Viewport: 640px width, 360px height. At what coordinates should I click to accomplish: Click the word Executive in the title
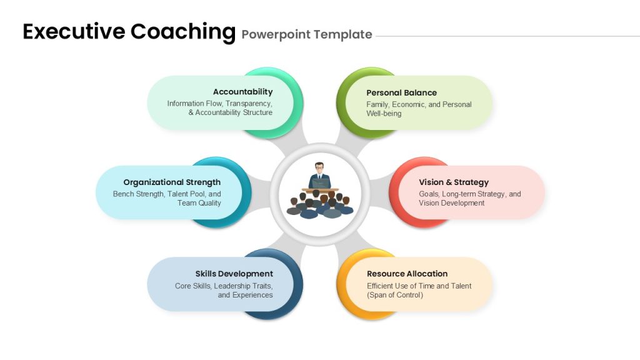click(74, 31)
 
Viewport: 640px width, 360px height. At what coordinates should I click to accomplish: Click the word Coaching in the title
click(183, 32)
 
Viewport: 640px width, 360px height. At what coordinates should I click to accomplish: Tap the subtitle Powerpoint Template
click(307, 35)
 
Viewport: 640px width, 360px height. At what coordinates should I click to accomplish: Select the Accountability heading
click(243, 92)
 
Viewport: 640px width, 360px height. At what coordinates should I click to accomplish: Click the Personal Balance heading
click(402, 92)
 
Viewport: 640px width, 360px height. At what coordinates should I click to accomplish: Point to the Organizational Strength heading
click(172, 182)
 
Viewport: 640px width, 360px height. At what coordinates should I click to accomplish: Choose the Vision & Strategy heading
click(454, 182)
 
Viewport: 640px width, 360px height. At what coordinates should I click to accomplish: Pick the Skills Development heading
click(234, 274)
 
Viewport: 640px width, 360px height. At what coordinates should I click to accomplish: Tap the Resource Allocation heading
click(407, 274)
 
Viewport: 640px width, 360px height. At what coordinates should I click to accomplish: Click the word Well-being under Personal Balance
click(384, 114)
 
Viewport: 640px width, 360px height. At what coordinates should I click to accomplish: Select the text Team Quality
click(199, 203)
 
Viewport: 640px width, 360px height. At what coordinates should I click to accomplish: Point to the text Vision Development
click(451, 203)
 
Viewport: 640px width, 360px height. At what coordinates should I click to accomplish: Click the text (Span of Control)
click(395, 295)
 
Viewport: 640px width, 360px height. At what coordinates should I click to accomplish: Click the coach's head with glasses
click(319, 167)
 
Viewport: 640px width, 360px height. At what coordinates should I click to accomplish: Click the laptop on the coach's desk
click(320, 183)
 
